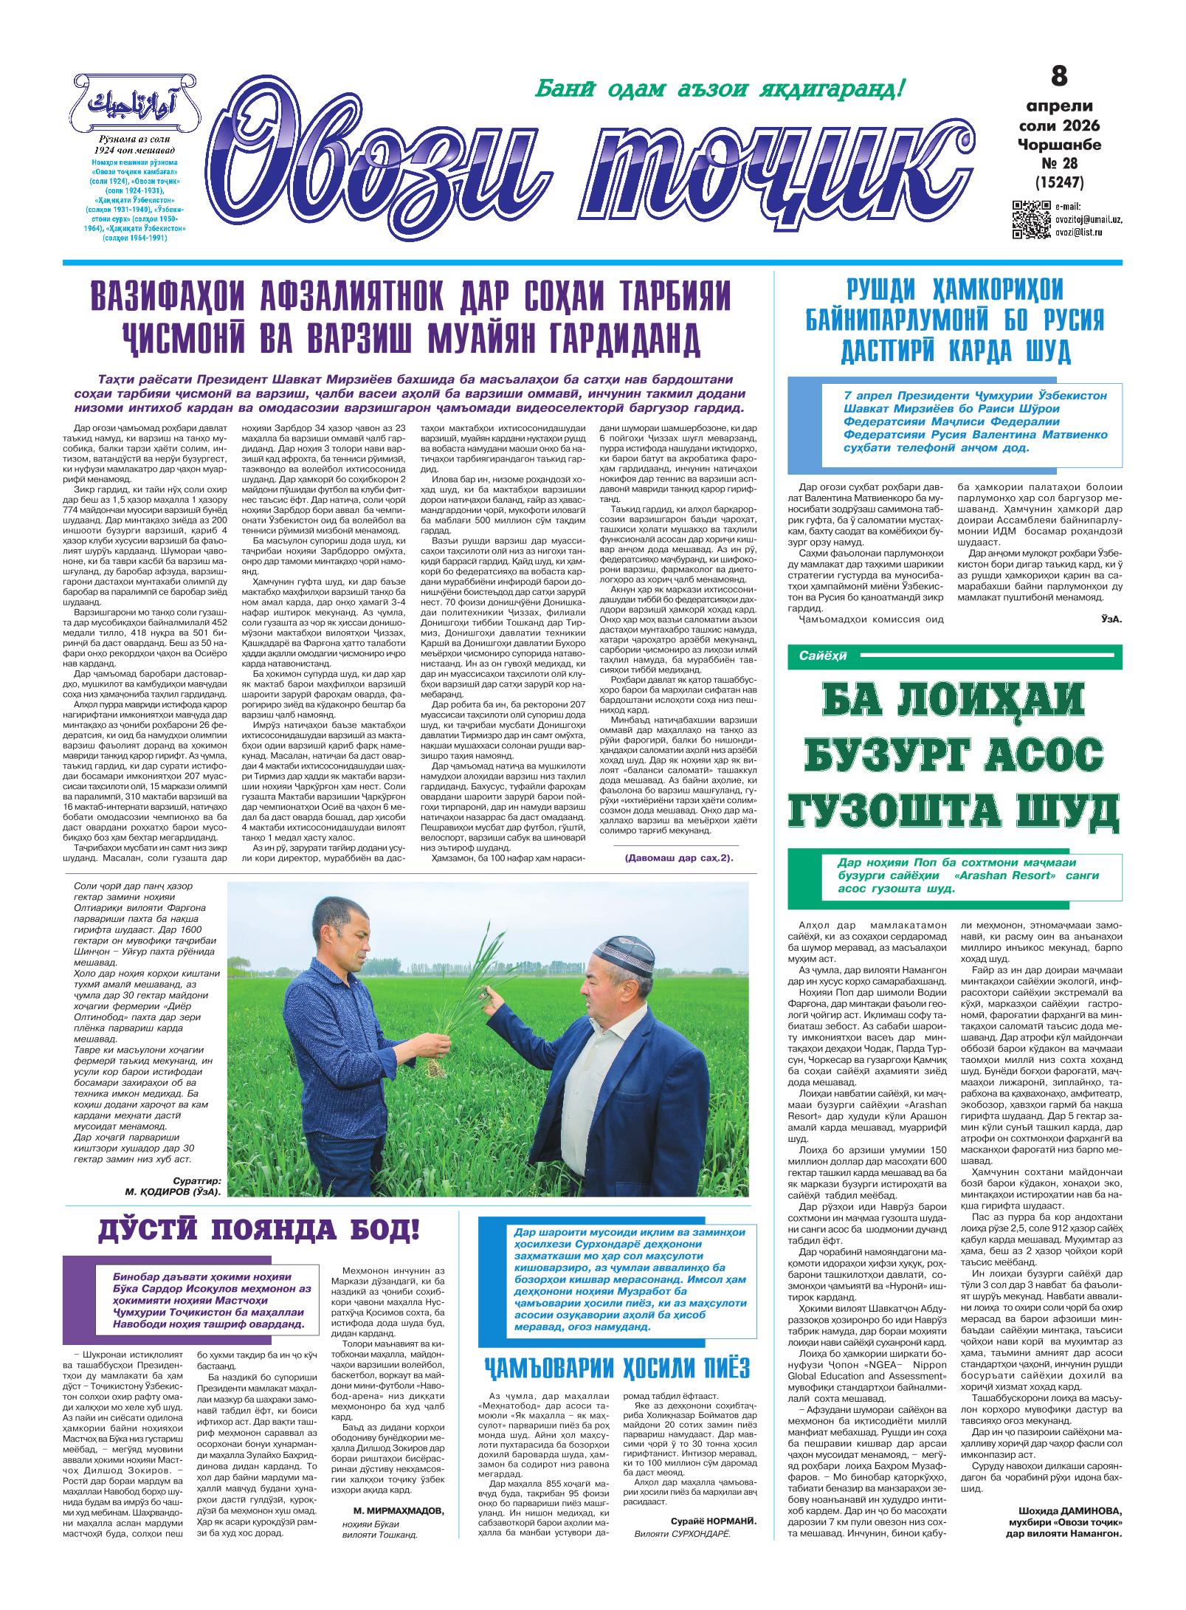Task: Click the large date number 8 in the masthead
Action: click(1058, 76)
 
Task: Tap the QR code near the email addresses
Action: click(1031, 219)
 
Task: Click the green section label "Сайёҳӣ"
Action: click(822, 656)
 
